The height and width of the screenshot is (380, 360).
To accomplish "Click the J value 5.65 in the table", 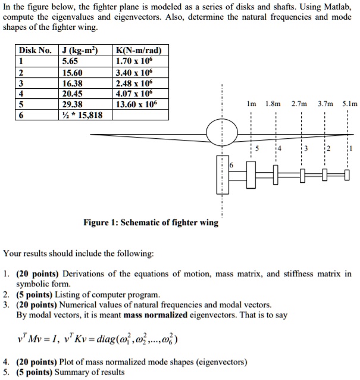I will (x=70, y=60).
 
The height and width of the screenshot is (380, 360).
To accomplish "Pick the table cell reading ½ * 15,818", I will (x=82, y=114).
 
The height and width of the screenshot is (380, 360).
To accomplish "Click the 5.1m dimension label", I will (x=350, y=103).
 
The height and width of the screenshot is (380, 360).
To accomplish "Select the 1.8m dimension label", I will (x=274, y=103).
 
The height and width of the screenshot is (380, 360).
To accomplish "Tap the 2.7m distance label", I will (x=299, y=103).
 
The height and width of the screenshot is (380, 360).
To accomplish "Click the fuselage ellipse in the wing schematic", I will (x=222, y=132).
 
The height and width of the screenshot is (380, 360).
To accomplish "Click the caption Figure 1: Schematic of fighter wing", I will (x=151, y=222).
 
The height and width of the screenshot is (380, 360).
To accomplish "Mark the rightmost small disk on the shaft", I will (x=347, y=174).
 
